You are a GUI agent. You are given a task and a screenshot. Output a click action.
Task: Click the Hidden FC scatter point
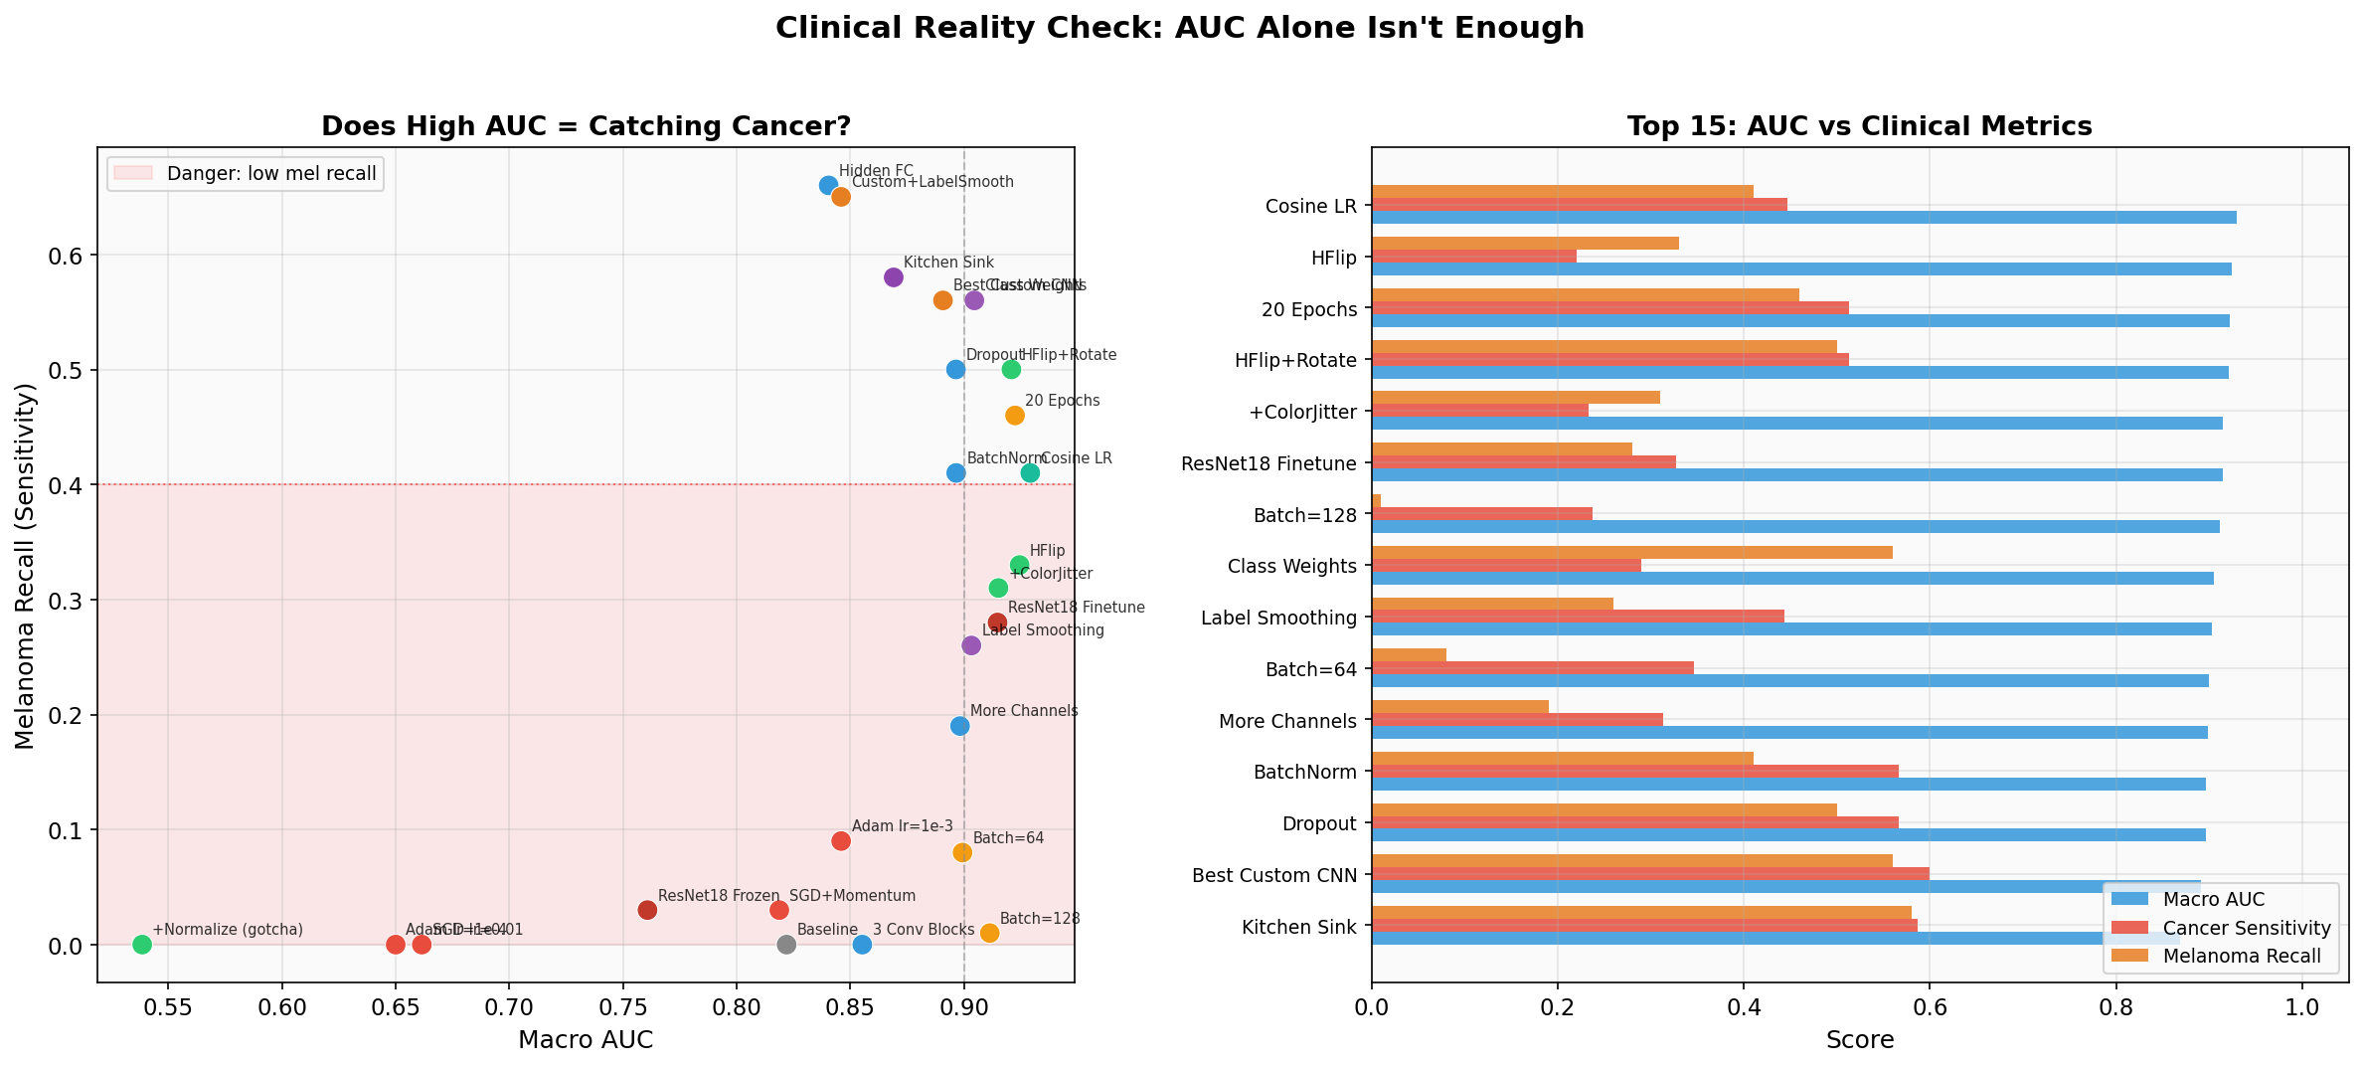coord(828,185)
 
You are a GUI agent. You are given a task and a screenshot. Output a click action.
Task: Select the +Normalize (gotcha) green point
coord(142,944)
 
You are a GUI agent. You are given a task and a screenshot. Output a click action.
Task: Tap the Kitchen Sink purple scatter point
coord(893,277)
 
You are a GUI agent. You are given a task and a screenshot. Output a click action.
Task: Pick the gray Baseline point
coord(786,944)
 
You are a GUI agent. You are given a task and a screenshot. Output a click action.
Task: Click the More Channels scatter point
coord(959,726)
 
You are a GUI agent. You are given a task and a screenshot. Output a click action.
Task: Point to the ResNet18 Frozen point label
coord(719,896)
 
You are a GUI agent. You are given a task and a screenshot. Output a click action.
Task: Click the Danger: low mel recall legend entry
coord(246,174)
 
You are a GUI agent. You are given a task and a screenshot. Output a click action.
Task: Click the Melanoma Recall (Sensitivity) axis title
coord(26,565)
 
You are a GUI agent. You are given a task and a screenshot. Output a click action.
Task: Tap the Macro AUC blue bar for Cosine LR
coord(1803,218)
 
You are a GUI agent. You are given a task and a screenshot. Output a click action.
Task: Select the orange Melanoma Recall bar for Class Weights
coord(1631,552)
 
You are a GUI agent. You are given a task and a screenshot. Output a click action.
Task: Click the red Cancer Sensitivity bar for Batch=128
coord(1481,514)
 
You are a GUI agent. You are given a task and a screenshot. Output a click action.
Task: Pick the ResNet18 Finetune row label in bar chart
coord(1268,463)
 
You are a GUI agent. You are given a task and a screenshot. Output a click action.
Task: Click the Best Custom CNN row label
coord(1273,876)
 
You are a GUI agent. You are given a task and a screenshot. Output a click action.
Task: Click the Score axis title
coord(1859,1040)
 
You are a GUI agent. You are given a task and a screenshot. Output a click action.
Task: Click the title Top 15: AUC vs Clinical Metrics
coord(1859,126)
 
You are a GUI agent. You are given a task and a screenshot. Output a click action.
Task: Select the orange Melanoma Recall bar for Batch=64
coord(1409,655)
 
